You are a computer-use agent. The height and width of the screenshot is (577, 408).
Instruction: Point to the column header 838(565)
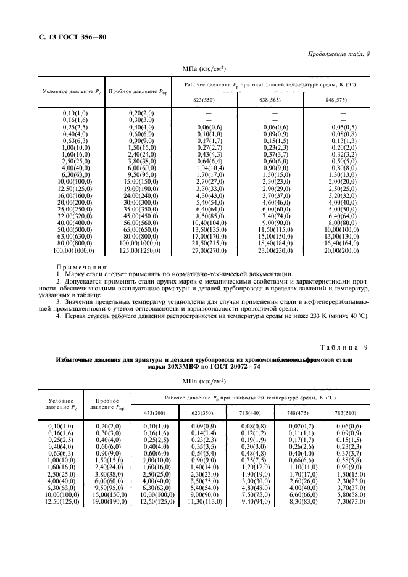[x=273, y=99]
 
